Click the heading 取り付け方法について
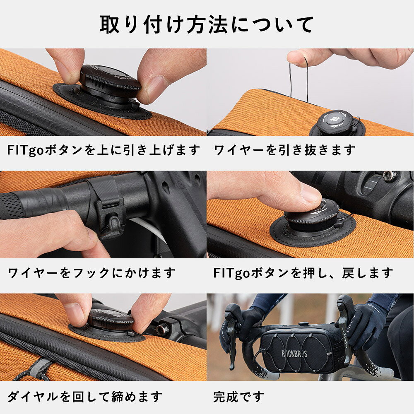point(207,24)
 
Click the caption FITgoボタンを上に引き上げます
point(103,150)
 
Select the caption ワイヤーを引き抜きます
point(284,150)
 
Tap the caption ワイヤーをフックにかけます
point(91,273)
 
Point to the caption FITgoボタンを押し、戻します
point(303,273)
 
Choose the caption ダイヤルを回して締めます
point(84,397)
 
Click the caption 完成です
point(239,397)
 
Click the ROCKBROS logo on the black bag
point(294,354)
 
